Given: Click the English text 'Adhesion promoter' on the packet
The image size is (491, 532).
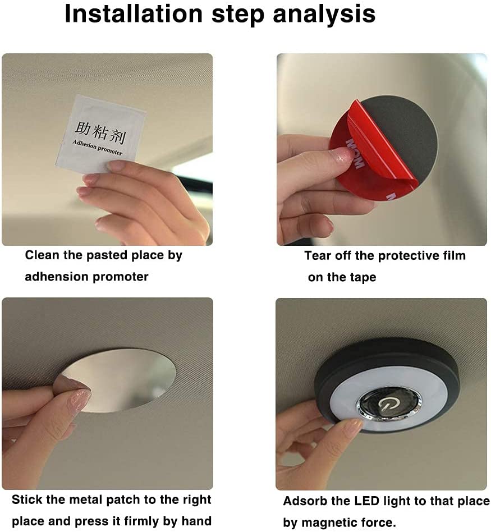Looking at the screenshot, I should click(x=97, y=148).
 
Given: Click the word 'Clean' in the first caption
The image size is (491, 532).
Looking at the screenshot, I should click(x=43, y=255).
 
